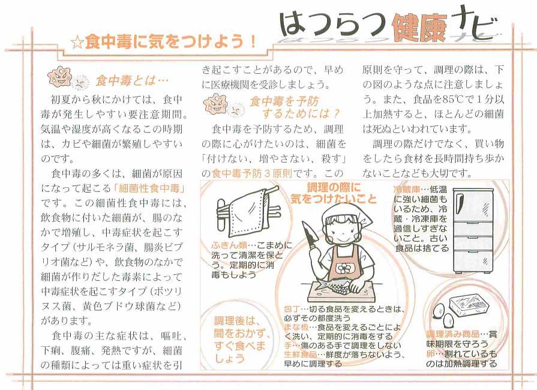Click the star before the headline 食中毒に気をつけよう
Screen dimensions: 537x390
pos(77,43)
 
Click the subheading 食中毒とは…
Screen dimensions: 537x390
pos(132,81)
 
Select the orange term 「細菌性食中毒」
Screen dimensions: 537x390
pos(149,188)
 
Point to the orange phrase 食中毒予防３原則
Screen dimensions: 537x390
pos(252,173)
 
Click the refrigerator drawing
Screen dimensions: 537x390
pos(473,230)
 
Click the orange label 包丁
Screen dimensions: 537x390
pos(292,309)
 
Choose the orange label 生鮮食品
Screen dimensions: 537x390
pos(301,355)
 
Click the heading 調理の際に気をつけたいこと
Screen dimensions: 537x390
pos(334,193)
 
